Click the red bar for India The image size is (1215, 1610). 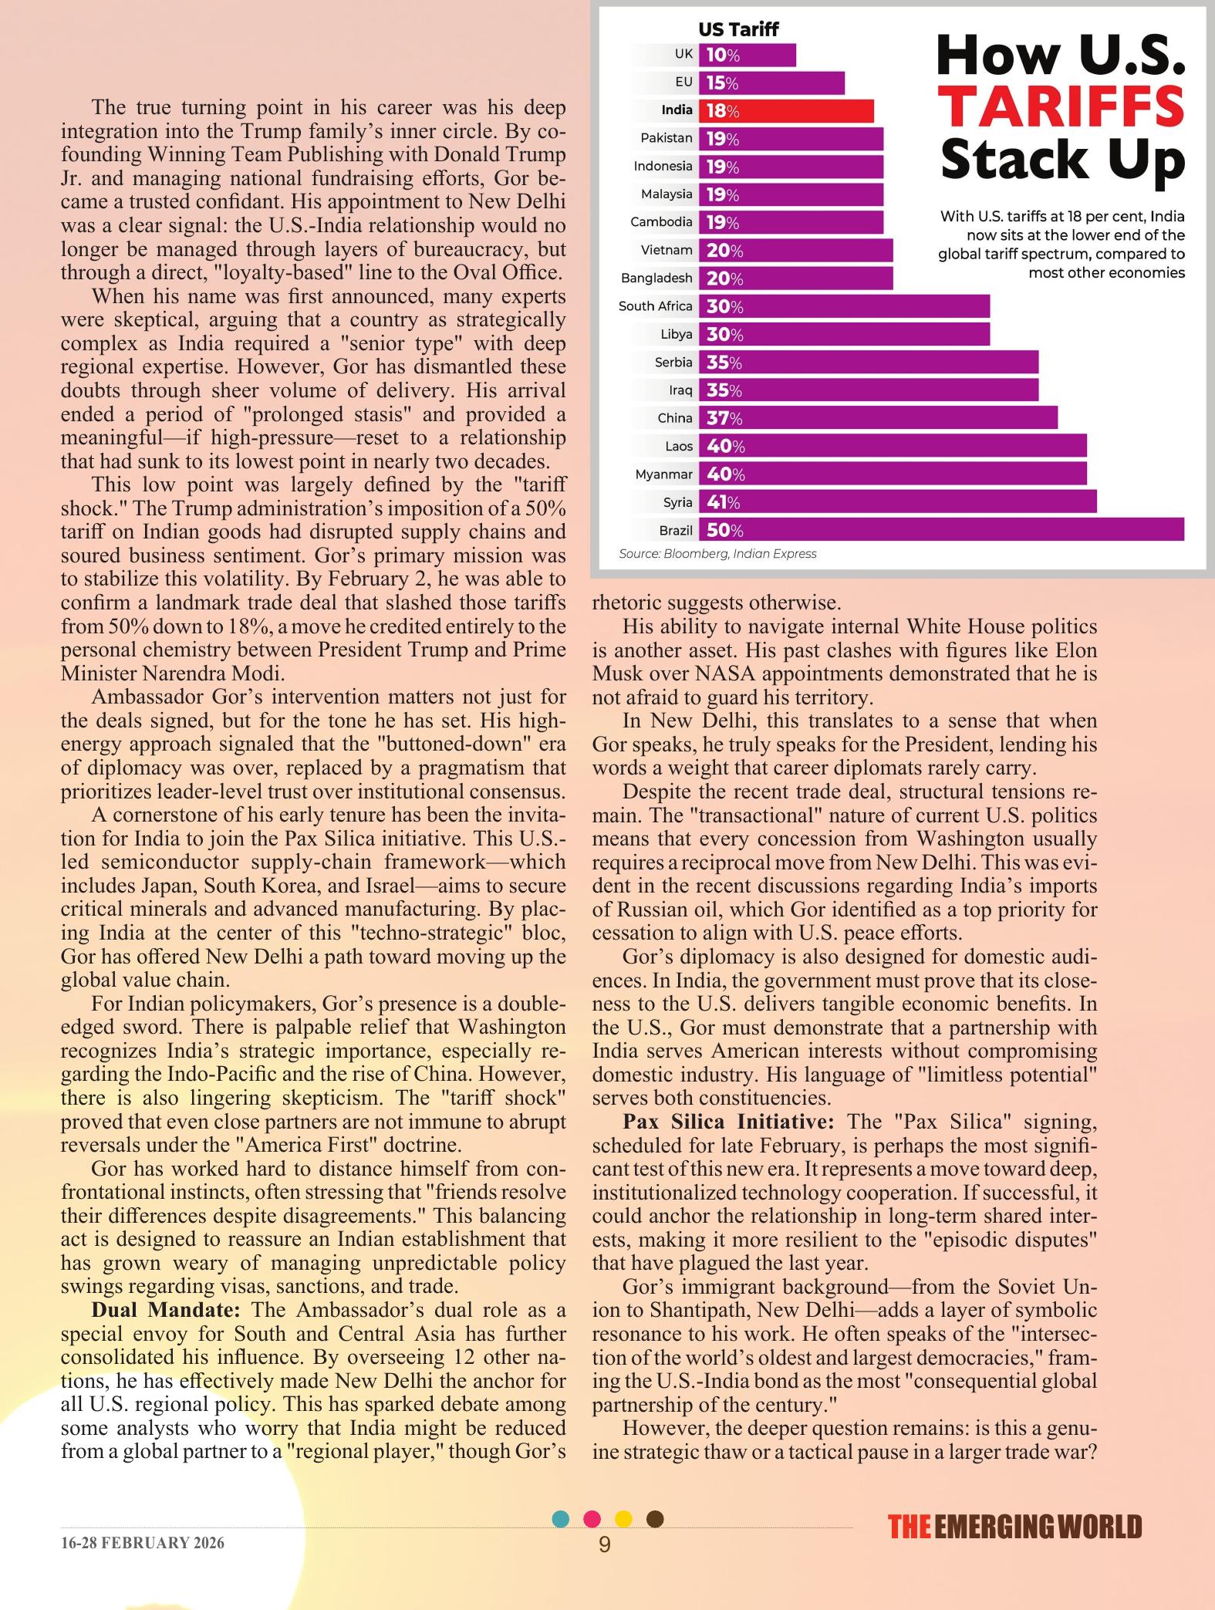point(786,111)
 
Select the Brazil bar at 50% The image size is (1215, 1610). point(941,530)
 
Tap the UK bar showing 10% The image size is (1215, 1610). point(747,55)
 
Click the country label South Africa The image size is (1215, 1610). point(655,306)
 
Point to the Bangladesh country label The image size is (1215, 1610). point(656,278)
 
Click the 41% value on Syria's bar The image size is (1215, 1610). point(723,502)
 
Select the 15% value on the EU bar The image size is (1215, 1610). point(722,83)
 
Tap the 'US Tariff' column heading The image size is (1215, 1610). point(737,29)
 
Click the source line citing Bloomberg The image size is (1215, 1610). point(717,554)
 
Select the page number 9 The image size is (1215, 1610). point(605,1544)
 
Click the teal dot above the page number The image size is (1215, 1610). point(562,1518)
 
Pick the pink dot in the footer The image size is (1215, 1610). point(592,1518)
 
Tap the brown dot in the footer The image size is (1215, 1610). point(654,1518)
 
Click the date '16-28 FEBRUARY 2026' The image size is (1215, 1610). point(143,1543)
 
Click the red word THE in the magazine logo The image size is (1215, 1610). point(908,1527)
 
